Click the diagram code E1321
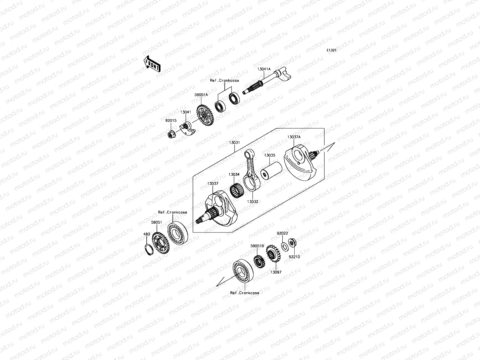pyautogui.click(x=331, y=50)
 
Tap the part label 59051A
pyautogui.click(x=201, y=95)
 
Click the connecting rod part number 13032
pyautogui.click(x=253, y=202)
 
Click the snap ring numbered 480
pyautogui.click(x=148, y=249)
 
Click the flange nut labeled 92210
pyautogui.click(x=291, y=242)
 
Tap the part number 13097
pyautogui.click(x=276, y=272)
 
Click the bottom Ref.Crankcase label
pyautogui.click(x=244, y=293)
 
